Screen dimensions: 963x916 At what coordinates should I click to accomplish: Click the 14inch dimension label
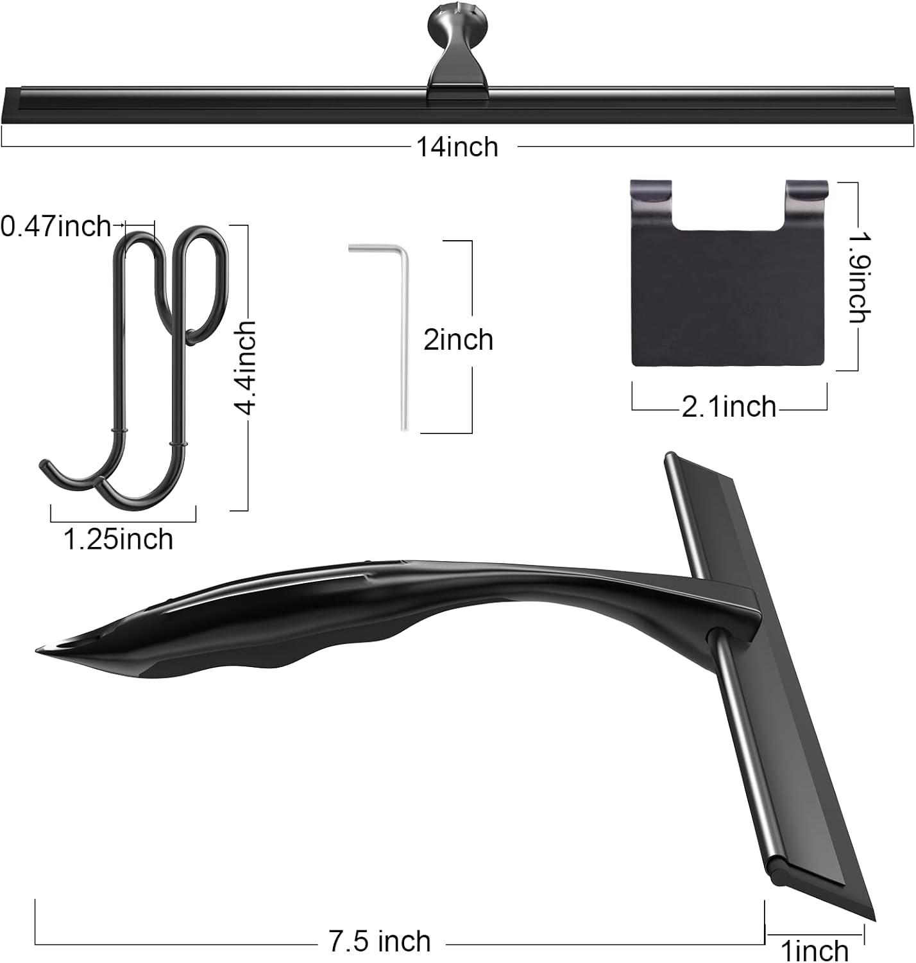tap(457, 147)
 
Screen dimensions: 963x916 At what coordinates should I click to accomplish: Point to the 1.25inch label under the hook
tap(119, 539)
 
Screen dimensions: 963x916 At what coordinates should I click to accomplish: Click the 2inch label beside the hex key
tap(458, 340)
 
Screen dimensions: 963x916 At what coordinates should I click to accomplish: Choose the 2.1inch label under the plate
tap(729, 407)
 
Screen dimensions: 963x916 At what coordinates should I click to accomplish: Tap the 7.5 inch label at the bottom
tap(380, 941)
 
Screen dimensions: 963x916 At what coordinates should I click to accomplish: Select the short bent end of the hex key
tap(372, 247)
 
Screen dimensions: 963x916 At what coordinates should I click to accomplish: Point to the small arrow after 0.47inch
tap(118, 225)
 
